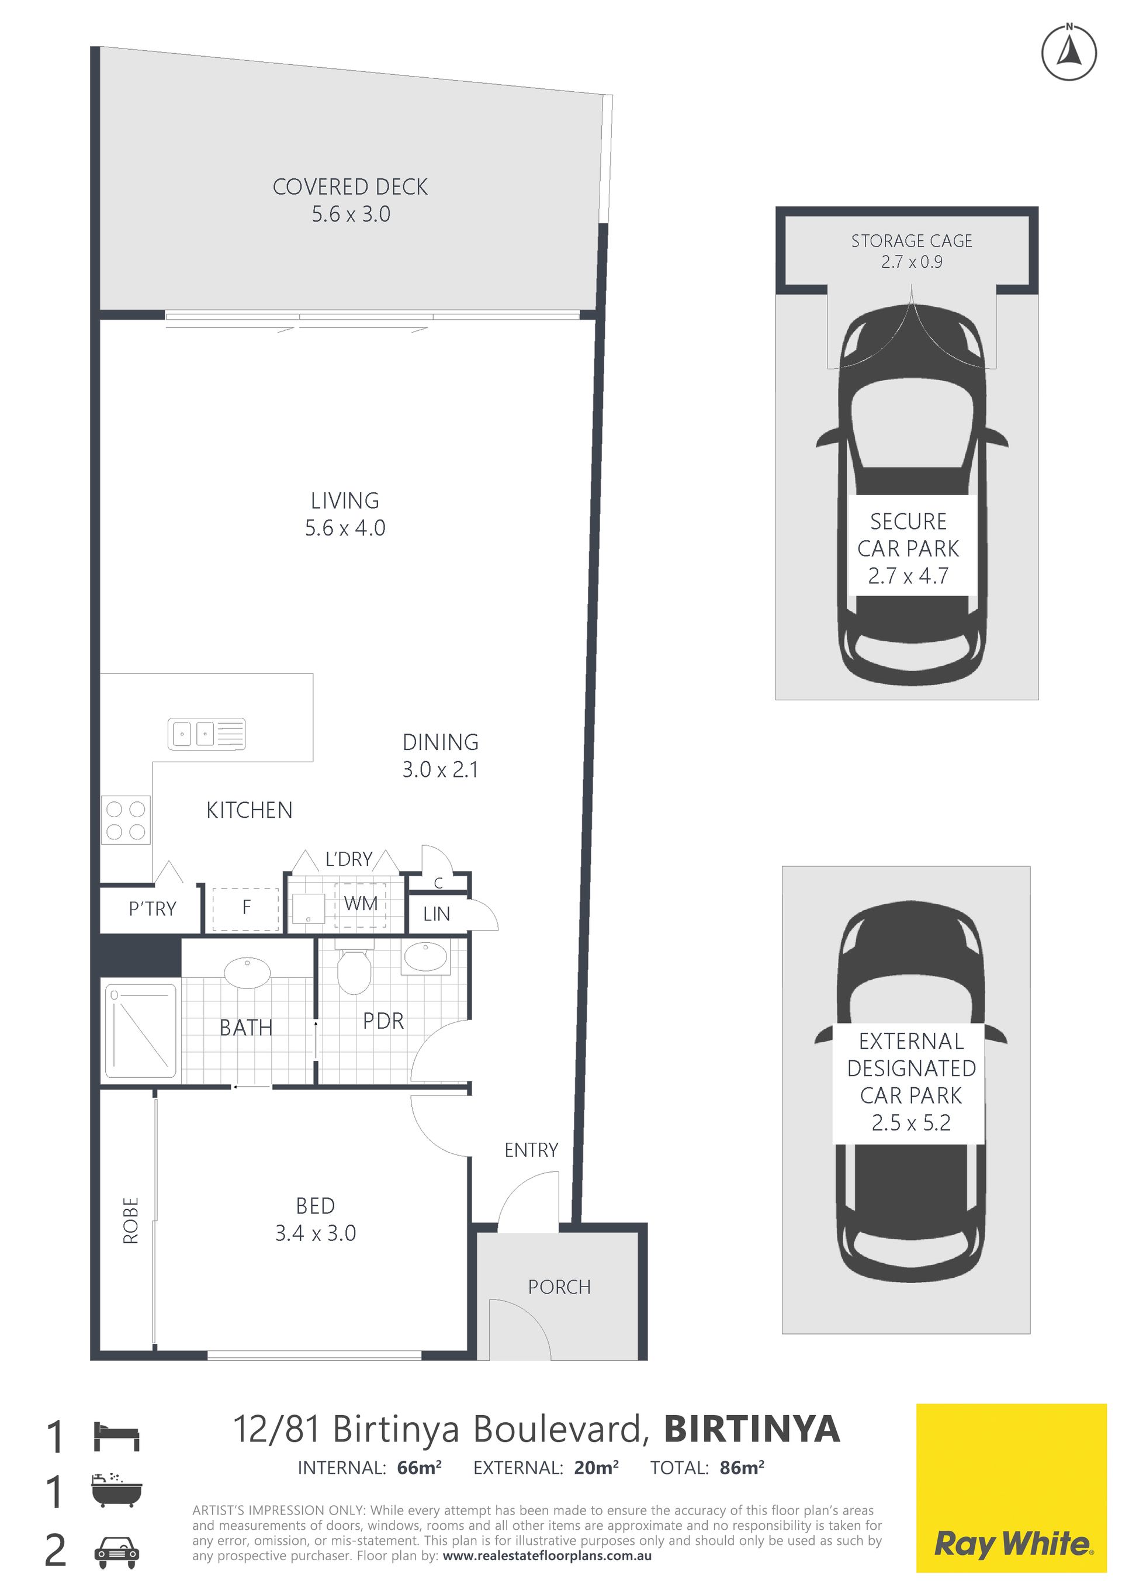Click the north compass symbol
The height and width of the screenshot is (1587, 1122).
click(1069, 53)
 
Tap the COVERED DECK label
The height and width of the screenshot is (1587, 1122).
click(350, 186)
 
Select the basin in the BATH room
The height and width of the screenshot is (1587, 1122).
click(247, 973)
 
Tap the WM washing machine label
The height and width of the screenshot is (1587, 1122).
click(361, 904)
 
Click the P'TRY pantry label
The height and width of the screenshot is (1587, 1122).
click(153, 909)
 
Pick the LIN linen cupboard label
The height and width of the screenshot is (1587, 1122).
click(437, 914)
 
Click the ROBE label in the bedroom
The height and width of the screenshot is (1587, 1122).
click(130, 1220)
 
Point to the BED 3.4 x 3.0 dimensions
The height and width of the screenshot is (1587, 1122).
click(316, 1233)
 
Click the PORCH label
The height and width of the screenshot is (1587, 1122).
click(560, 1287)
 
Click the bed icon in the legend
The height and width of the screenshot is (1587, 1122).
click(116, 1436)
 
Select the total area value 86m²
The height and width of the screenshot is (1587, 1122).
click(742, 1467)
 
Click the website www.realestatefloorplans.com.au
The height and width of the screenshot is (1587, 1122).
click(547, 1556)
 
